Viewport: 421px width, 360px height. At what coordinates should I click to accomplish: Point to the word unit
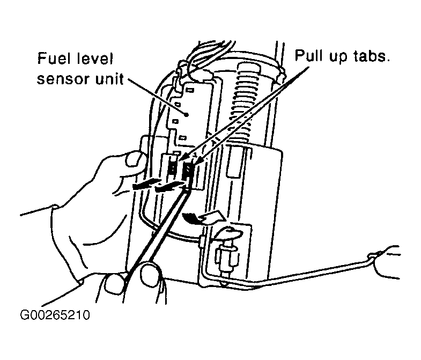click(x=109, y=79)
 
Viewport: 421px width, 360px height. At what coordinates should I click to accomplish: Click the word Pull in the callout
click(x=309, y=56)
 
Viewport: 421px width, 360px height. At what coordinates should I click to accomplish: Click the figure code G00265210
click(x=55, y=315)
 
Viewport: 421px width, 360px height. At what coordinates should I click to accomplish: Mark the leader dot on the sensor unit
click(x=186, y=115)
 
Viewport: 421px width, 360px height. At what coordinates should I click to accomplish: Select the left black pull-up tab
click(x=172, y=168)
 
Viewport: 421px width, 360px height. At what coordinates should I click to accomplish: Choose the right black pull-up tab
click(x=188, y=171)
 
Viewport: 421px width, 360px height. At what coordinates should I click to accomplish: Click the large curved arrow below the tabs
click(x=204, y=217)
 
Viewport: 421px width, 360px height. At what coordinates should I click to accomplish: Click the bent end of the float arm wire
click(x=373, y=255)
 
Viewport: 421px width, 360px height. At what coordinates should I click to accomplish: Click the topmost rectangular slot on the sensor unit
click(x=190, y=90)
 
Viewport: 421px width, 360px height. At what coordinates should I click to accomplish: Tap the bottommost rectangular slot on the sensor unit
click(x=182, y=138)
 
